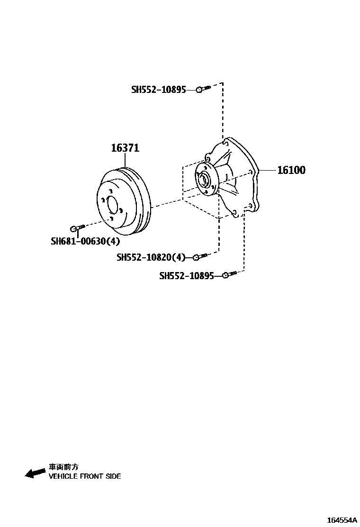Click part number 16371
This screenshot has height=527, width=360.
point(125,148)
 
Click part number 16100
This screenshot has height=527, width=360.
point(291,170)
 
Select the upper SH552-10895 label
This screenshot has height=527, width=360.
point(158,89)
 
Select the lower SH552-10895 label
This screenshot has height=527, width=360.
point(186,275)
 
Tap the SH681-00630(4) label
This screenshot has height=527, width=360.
point(86,241)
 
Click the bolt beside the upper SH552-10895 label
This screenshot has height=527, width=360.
point(203,89)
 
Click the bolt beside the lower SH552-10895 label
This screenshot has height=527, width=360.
point(229,274)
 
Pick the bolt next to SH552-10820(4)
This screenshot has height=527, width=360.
point(199,257)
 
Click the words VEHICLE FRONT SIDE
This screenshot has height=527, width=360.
point(85,476)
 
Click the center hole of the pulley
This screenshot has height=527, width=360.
point(113,205)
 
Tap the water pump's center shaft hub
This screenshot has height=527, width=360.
point(204,180)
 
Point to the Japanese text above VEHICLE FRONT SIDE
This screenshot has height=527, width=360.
point(63,467)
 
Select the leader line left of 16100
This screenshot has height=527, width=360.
point(266,170)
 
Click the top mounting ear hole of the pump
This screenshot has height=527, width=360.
point(225,141)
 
